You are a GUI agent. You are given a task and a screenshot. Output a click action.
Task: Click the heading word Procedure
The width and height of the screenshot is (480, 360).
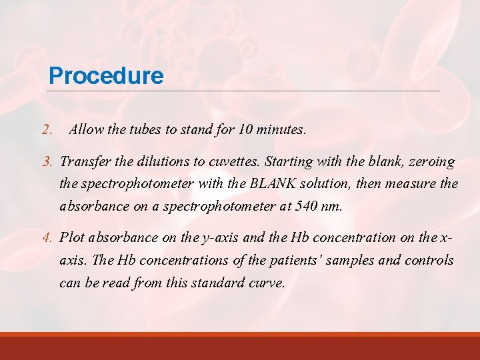pyautogui.click(x=106, y=75)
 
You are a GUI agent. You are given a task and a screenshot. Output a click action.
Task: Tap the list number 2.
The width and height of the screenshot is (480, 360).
pyautogui.click(x=46, y=130)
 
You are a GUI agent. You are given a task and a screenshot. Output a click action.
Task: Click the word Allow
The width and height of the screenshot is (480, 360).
pyautogui.click(x=86, y=130)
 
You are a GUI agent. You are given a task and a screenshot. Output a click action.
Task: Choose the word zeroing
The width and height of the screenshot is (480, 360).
pyautogui.click(x=433, y=162)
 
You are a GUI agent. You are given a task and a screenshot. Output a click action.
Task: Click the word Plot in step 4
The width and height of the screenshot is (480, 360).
pyautogui.click(x=72, y=237)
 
